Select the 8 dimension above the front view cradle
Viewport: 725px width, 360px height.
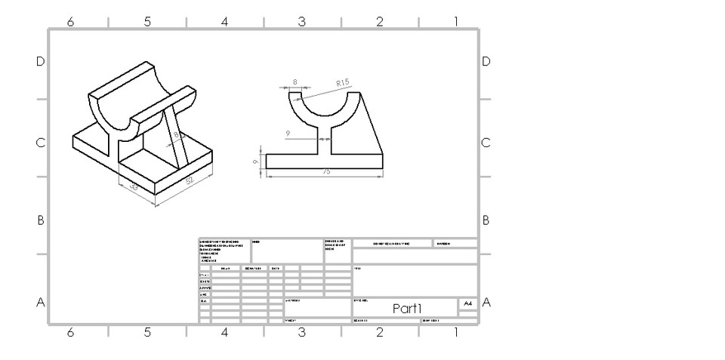pyautogui.click(x=295, y=81)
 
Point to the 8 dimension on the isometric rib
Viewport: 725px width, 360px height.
pyautogui.click(x=177, y=135)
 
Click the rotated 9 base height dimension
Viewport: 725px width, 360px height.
pyautogui.click(x=257, y=161)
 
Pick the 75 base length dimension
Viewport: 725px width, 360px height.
pyautogui.click(x=326, y=172)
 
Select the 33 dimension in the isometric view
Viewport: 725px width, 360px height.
pyautogui.click(x=134, y=186)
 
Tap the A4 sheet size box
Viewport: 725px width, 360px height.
pyautogui.click(x=468, y=303)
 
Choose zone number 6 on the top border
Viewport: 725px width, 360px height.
pyautogui.click(x=70, y=22)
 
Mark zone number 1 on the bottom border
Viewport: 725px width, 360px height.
pyautogui.click(x=455, y=332)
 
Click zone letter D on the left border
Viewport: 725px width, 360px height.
pyautogui.click(x=40, y=61)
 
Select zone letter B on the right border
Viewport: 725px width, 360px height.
pyautogui.click(x=486, y=220)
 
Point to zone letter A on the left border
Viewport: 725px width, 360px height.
pyautogui.click(x=40, y=303)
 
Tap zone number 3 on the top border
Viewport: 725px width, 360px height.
pyautogui.click(x=301, y=22)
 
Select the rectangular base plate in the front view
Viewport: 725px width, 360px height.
pyautogui.click(x=325, y=161)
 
